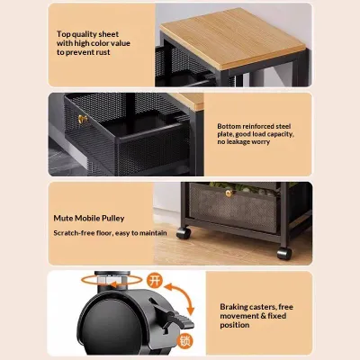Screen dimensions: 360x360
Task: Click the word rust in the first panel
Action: pos(103,52)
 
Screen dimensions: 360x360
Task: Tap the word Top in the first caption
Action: pos(63,34)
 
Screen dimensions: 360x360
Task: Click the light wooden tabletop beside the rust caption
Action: pos(232,37)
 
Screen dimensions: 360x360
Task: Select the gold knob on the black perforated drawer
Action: pos(83,119)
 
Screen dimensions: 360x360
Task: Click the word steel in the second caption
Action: pos(283,126)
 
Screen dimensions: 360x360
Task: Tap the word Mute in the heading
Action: pos(63,218)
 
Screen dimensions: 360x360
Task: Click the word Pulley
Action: pos(112,219)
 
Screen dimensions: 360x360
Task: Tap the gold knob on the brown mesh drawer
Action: pos(229,193)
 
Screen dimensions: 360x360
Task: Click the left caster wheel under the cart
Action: pos(184,233)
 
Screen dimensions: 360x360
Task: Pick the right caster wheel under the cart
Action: pos(284,254)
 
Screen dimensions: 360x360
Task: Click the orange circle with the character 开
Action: pos(155,281)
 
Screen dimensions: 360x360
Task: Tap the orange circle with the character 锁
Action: pos(184,341)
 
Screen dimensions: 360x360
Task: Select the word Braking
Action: pos(233,307)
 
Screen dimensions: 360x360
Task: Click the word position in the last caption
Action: pos(235,325)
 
